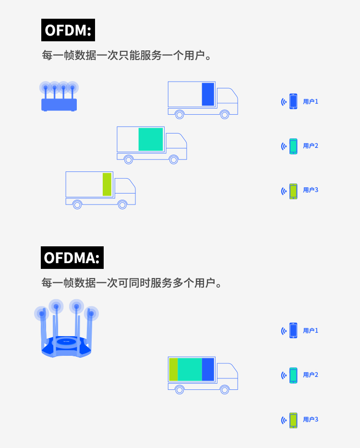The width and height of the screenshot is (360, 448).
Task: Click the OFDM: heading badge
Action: (68, 30)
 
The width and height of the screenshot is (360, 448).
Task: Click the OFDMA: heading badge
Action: (72, 257)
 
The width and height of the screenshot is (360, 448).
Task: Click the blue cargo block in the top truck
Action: (208, 94)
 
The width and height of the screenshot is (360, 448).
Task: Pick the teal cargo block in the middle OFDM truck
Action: (151, 139)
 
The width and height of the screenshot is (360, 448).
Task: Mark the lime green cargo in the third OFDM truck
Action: (107, 184)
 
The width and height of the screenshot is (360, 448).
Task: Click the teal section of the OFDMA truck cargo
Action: (190, 369)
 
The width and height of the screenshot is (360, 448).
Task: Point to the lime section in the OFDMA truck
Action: (173, 369)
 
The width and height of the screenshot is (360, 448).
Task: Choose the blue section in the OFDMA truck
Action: (208, 369)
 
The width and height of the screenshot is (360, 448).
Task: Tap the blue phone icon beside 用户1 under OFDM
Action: (293, 101)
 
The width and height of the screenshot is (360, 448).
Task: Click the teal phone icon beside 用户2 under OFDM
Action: (293, 146)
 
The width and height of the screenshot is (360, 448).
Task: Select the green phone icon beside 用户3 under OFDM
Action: (293, 191)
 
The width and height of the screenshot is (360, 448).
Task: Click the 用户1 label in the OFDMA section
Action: (311, 330)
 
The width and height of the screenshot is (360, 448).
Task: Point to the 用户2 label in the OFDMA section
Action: (311, 375)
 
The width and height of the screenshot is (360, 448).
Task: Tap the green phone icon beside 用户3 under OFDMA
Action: (293, 420)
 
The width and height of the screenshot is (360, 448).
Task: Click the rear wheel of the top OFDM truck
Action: (180, 114)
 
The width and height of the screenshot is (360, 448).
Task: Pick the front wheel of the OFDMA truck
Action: (225, 389)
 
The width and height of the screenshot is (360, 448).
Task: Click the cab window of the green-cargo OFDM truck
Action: (128, 185)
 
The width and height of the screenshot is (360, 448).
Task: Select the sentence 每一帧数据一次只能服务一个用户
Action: (127, 56)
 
